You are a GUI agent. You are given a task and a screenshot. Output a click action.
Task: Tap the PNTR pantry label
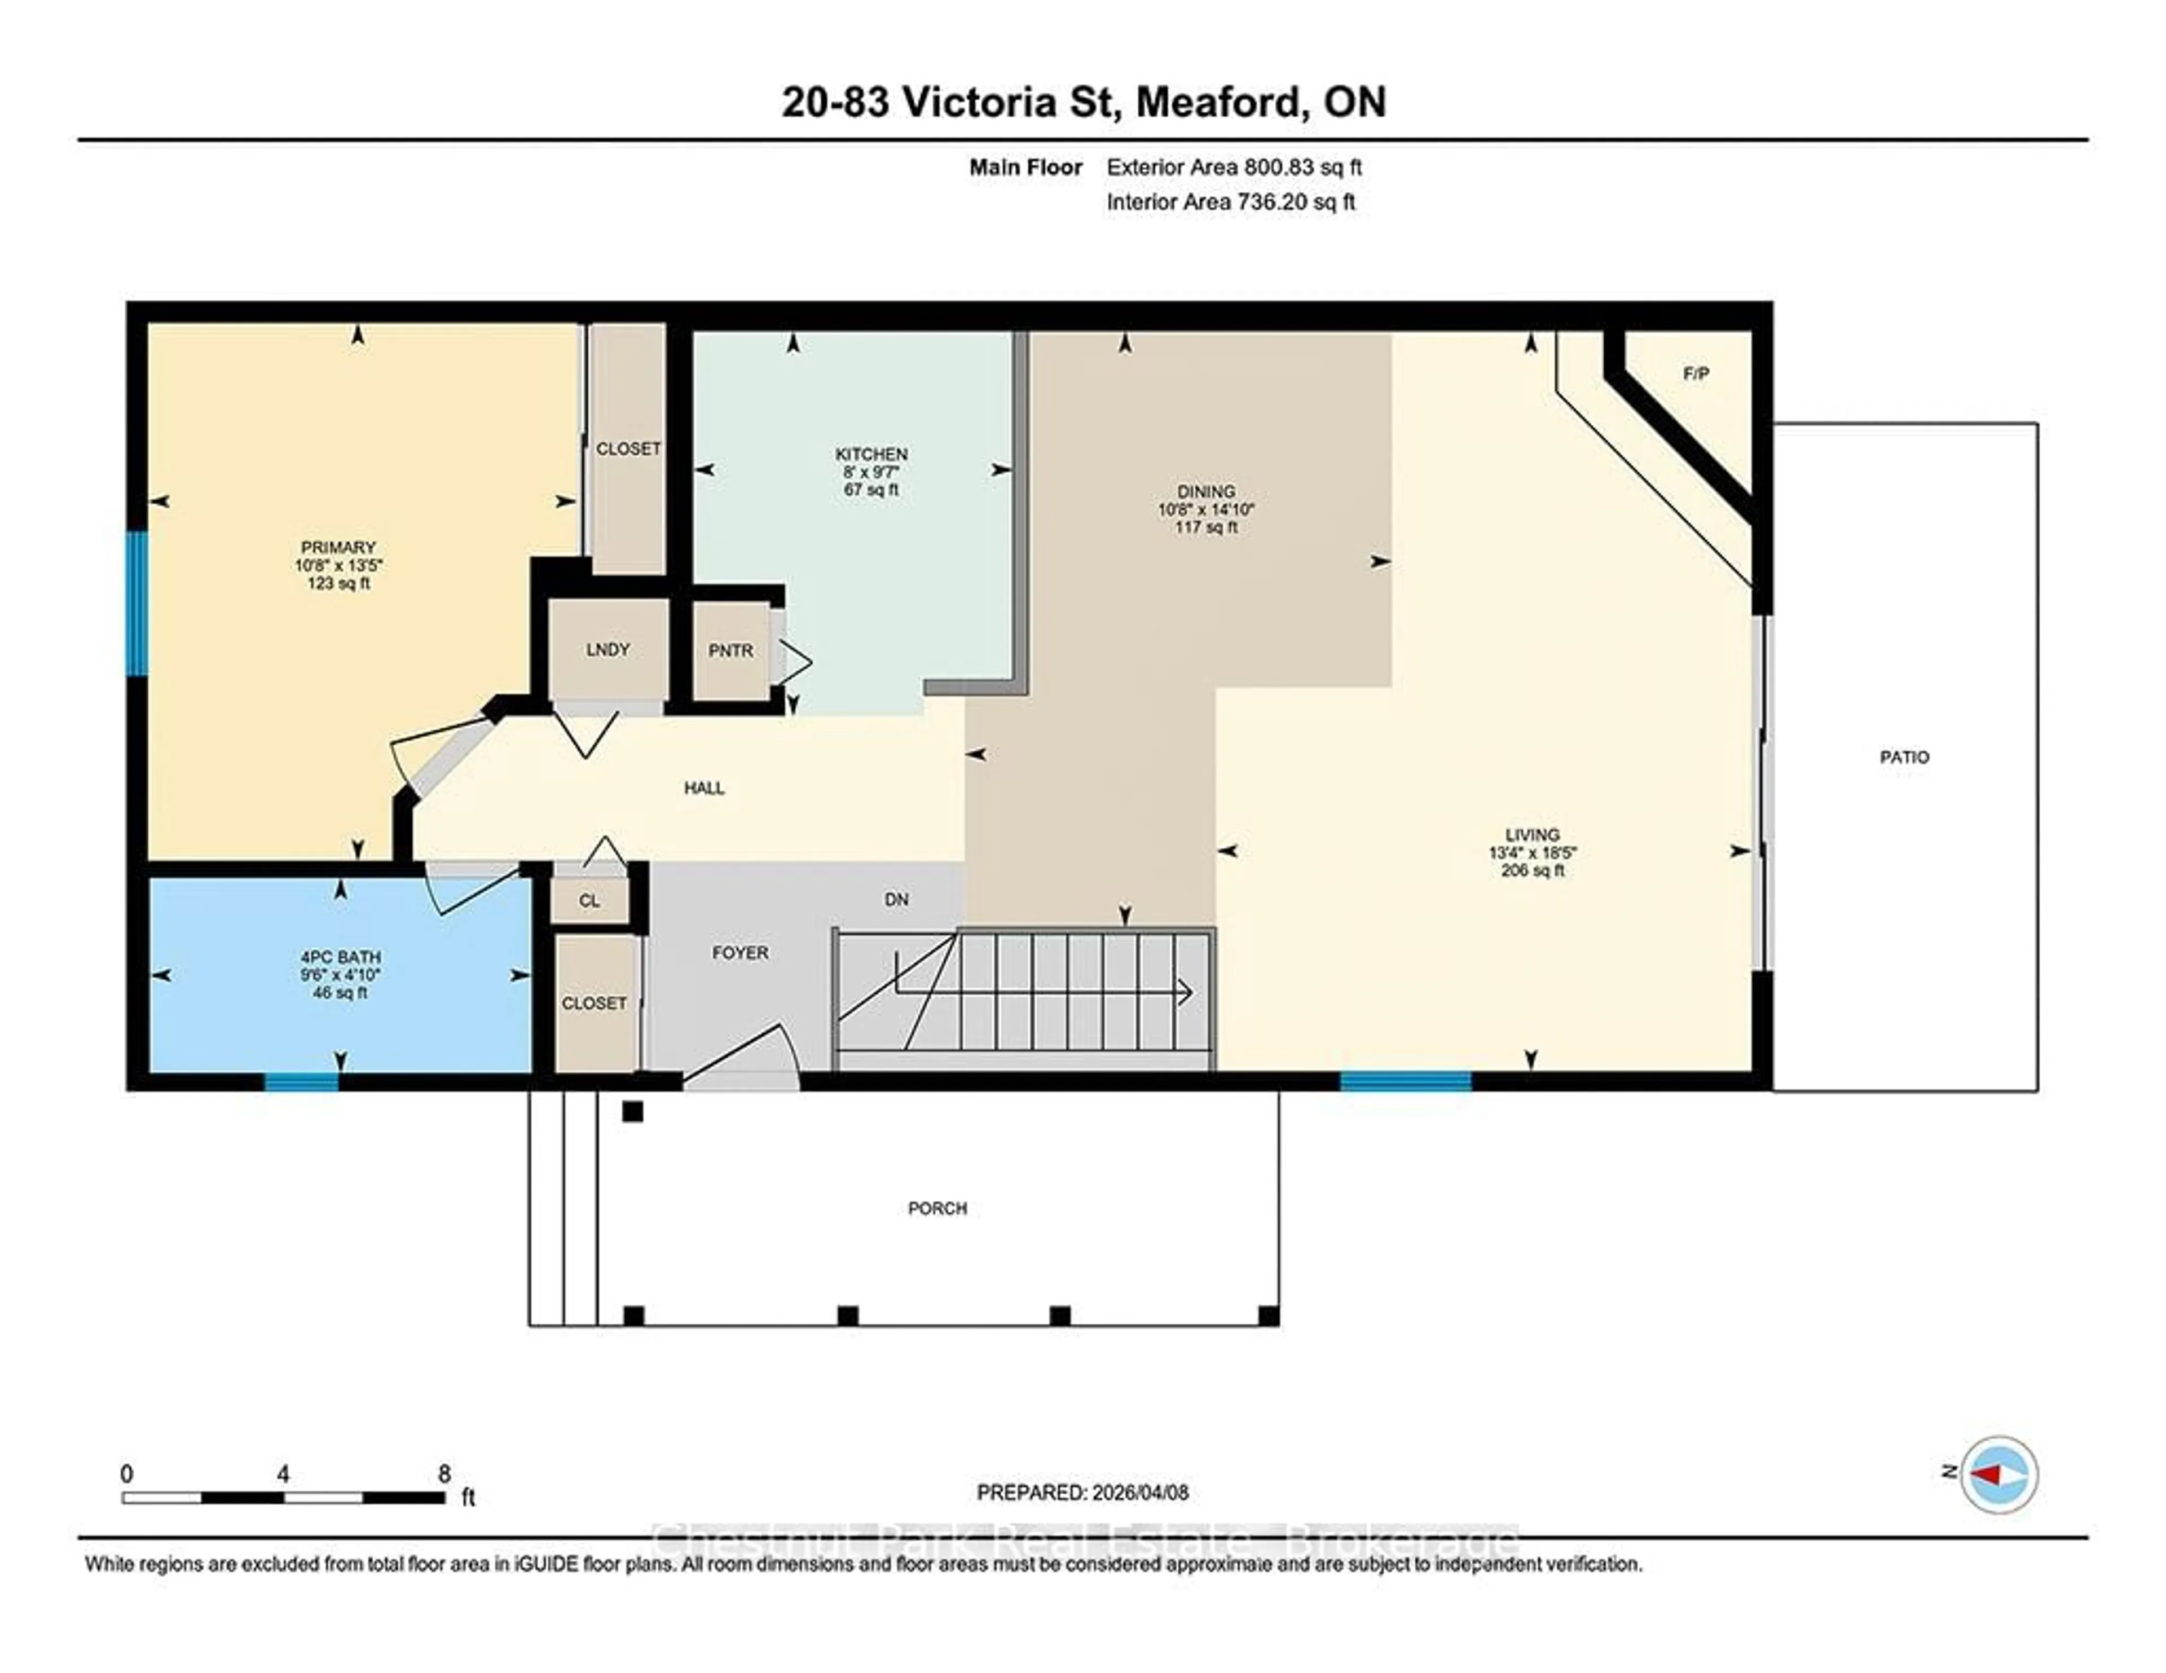[x=730, y=650]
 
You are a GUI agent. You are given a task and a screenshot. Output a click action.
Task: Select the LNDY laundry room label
[x=607, y=650]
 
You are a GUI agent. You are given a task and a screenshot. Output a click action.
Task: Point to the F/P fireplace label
[x=1696, y=374]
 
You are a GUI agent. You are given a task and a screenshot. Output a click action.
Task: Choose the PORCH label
[x=937, y=1208]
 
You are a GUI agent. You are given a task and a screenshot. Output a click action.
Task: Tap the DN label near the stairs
[x=896, y=900]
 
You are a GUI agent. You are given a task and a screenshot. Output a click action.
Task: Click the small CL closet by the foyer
[x=589, y=900]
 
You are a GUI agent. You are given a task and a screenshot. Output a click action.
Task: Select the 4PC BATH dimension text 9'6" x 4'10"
[x=340, y=975]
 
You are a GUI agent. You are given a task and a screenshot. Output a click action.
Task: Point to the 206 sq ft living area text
[x=1532, y=871]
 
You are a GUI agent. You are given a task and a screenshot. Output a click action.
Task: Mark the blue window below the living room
[x=1405, y=1082]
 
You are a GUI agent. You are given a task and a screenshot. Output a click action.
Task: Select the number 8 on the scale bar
[x=444, y=1474]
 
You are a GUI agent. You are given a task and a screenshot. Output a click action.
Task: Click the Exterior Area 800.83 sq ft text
[x=1234, y=168]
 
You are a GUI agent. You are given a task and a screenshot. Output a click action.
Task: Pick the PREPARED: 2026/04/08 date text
[x=1082, y=1493]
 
